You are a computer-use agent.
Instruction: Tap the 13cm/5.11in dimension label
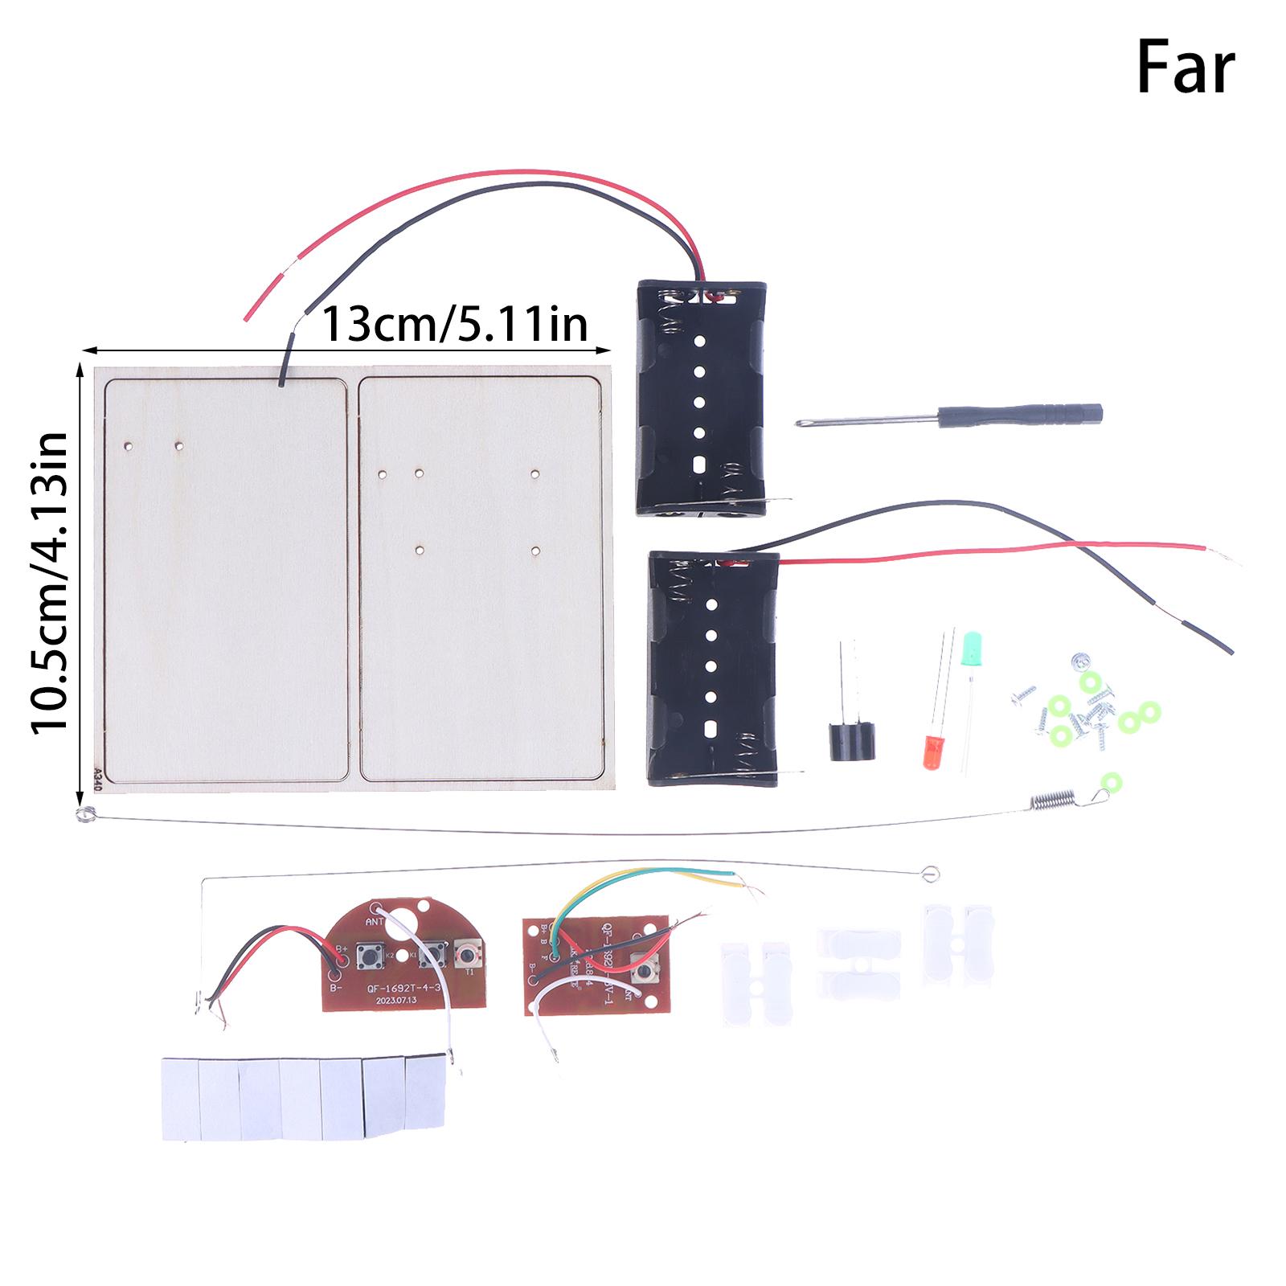[454, 325]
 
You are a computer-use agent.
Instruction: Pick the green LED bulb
[971, 647]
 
